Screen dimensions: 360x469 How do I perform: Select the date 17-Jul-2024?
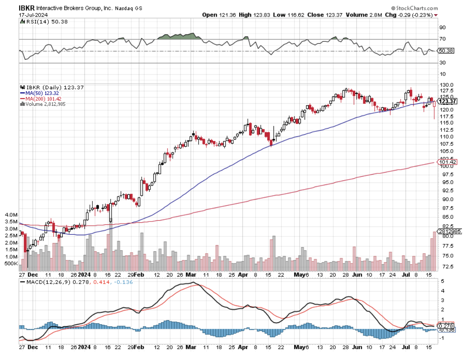pos(33,15)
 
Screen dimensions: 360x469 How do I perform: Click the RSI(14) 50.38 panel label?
pos(41,22)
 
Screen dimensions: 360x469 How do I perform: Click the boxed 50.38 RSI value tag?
pos(447,51)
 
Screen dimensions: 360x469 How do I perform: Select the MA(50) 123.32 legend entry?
pos(40,93)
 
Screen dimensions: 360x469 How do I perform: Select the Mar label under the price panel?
pos(191,275)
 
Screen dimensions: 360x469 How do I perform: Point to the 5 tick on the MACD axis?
pos(442,281)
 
